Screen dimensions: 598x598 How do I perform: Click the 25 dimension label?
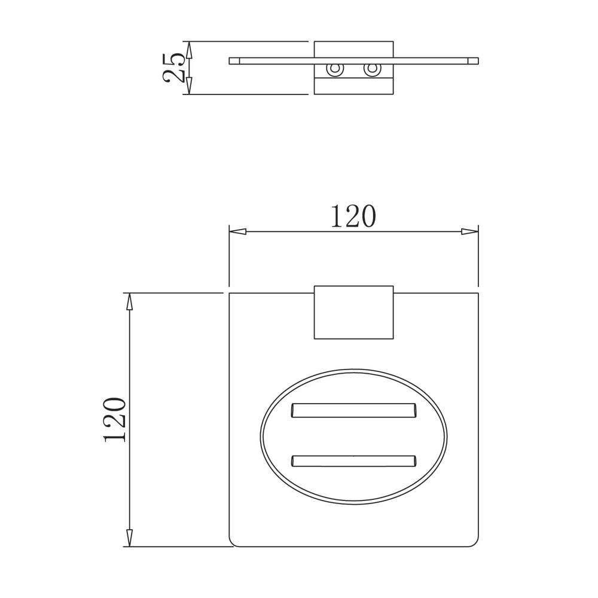173,68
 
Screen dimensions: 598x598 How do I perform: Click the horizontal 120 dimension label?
353,216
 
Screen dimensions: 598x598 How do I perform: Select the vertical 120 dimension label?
114,420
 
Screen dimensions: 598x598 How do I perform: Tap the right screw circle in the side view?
371,70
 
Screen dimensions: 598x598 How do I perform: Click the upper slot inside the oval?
354,410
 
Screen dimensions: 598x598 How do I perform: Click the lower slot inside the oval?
353,460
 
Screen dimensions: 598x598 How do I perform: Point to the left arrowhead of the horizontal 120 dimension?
237,231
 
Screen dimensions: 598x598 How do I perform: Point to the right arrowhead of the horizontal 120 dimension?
469,231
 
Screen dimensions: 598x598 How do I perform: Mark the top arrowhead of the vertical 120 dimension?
129,301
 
